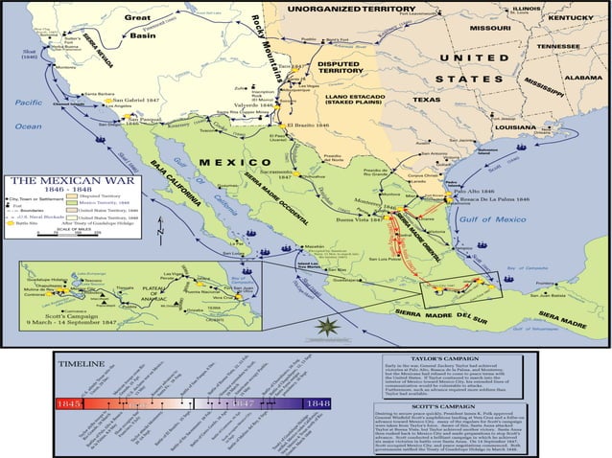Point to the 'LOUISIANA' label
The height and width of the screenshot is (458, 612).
click(510, 126)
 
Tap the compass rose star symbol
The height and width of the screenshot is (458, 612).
click(327, 327)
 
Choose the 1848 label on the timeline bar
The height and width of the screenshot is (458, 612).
click(318, 404)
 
